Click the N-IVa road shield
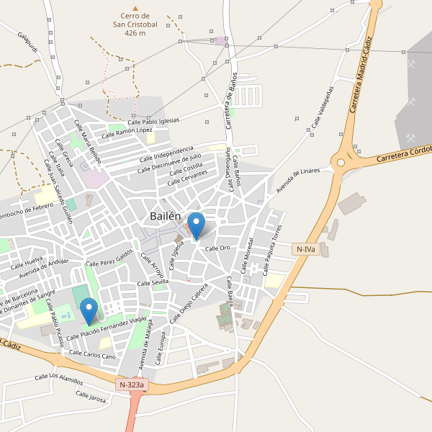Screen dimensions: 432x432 tap(306, 249)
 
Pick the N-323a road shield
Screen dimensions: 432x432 tap(132, 385)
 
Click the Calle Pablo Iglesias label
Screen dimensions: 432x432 tap(153, 120)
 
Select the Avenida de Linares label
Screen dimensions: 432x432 tap(297, 181)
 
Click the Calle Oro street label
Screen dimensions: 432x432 tap(217, 248)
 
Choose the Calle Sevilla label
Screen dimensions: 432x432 tap(153, 283)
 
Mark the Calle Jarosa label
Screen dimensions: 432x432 tap(91, 395)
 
